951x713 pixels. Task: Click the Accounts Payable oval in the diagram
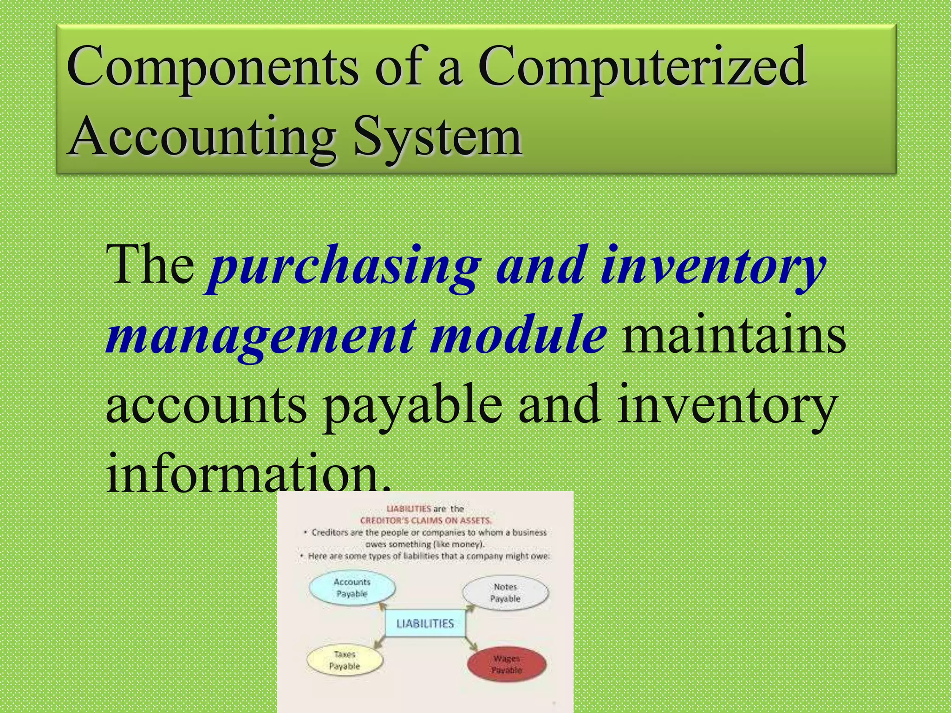coord(352,588)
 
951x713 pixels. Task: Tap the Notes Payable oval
coord(505,593)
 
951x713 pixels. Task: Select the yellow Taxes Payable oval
coord(345,660)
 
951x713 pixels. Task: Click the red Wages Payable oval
coord(507,665)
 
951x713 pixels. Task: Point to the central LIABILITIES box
coord(425,623)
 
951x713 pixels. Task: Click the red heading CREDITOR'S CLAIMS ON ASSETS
coord(425,520)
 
